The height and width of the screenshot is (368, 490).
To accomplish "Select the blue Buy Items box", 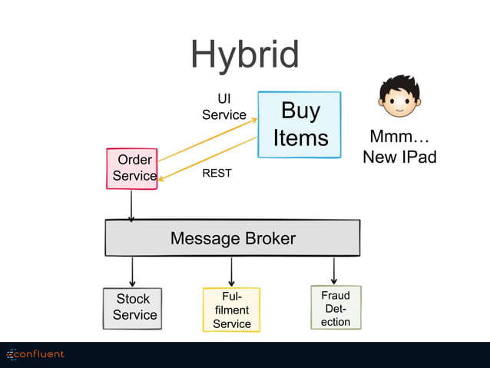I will (x=300, y=124).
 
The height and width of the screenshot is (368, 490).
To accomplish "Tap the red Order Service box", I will (x=132, y=168).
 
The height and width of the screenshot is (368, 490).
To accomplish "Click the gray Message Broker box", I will (x=232, y=238).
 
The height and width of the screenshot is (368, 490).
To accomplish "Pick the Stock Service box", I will (x=133, y=307).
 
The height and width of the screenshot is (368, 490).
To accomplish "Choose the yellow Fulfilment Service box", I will (x=231, y=310).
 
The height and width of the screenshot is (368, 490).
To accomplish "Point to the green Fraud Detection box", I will (x=336, y=307).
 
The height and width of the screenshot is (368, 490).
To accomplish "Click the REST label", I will (x=217, y=174).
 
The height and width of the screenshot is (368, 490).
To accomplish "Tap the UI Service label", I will (x=223, y=107).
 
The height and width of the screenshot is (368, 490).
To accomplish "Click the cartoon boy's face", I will (x=399, y=97).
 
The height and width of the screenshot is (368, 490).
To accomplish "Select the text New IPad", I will (x=399, y=157).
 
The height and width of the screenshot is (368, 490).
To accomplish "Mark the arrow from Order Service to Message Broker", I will (x=131, y=205).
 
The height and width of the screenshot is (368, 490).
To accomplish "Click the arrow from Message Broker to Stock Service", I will (x=133, y=271).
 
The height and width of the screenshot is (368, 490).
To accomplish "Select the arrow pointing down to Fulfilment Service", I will (x=231, y=271).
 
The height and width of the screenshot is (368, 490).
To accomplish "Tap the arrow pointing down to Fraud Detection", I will (x=334, y=270).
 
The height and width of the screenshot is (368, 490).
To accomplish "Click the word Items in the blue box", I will (x=300, y=138).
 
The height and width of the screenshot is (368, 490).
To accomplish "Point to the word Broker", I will (x=268, y=239).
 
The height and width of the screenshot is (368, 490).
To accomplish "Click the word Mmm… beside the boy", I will (x=399, y=138).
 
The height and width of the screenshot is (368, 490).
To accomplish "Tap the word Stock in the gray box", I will (x=133, y=299).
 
